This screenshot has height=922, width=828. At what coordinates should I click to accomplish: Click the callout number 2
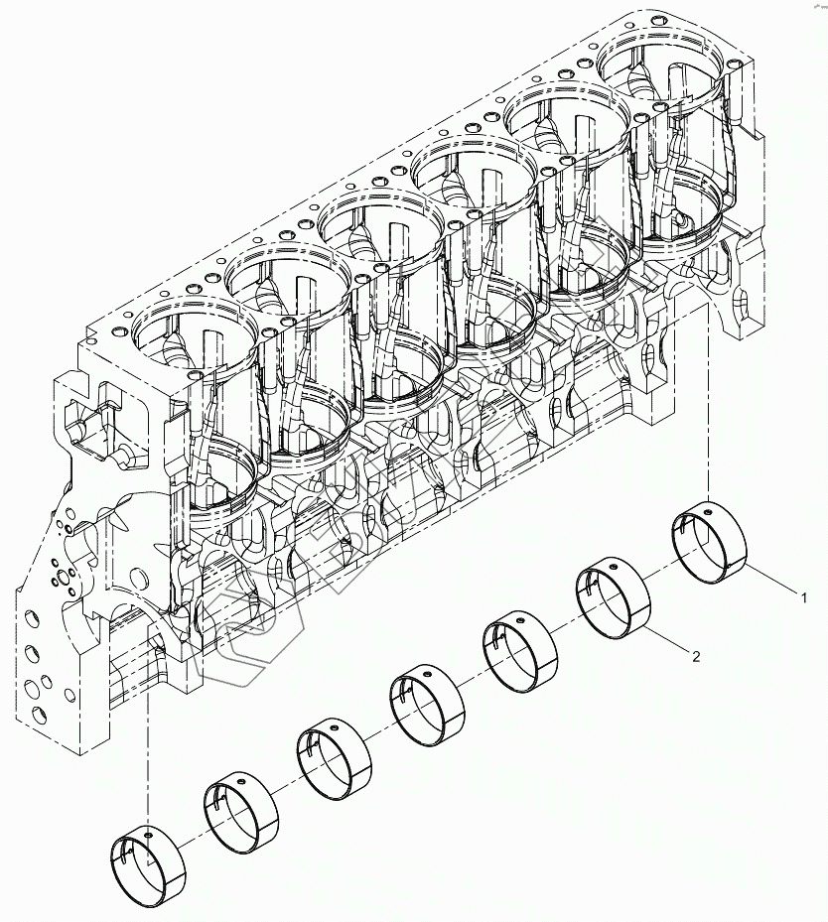pos(696,656)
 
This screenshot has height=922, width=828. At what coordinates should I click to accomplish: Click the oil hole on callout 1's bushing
pos(711,514)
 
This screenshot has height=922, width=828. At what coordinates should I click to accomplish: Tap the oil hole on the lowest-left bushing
pos(148,835)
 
